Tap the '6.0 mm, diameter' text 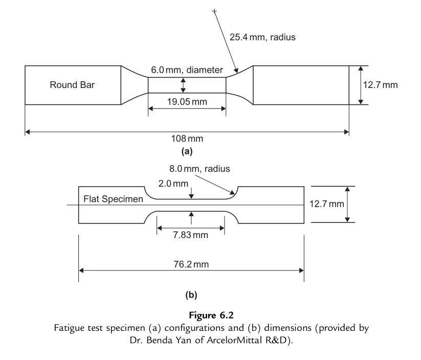coord(187,70)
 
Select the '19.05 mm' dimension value coord(187,101)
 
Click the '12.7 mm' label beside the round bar coord(380,84)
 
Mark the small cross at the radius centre coord(214,10)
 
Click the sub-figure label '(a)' coord(187,151)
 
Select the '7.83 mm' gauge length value coord(191,235)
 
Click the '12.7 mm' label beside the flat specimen coord(327,204)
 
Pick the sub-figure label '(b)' coord(191,295)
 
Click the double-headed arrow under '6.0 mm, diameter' coord(183,85)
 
